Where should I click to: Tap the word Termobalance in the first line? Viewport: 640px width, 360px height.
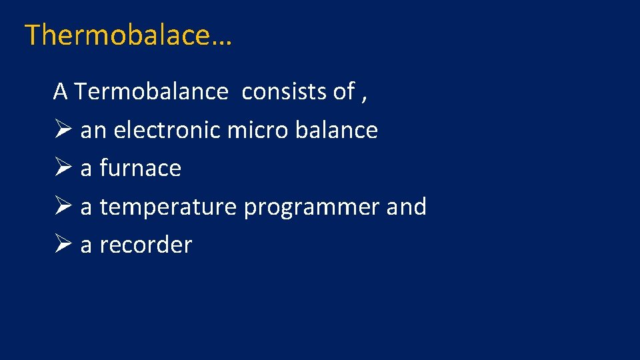(151, 92)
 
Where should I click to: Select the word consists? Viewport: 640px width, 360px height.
(285, 92)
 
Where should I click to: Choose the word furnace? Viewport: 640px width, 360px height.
(140, 168)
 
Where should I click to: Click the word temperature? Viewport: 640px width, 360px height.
(168, 207)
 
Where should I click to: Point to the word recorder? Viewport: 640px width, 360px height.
(145, 245)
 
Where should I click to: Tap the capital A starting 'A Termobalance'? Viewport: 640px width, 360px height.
(61, 92)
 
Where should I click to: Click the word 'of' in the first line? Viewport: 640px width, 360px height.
(344, 92)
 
